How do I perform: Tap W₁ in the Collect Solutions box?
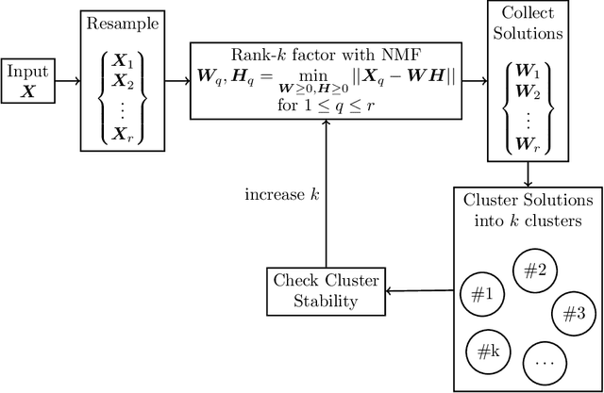[529, 72]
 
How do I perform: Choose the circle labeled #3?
[573, 312]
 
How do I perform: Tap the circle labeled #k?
[488, 352]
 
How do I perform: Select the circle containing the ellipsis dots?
[545, 360]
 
